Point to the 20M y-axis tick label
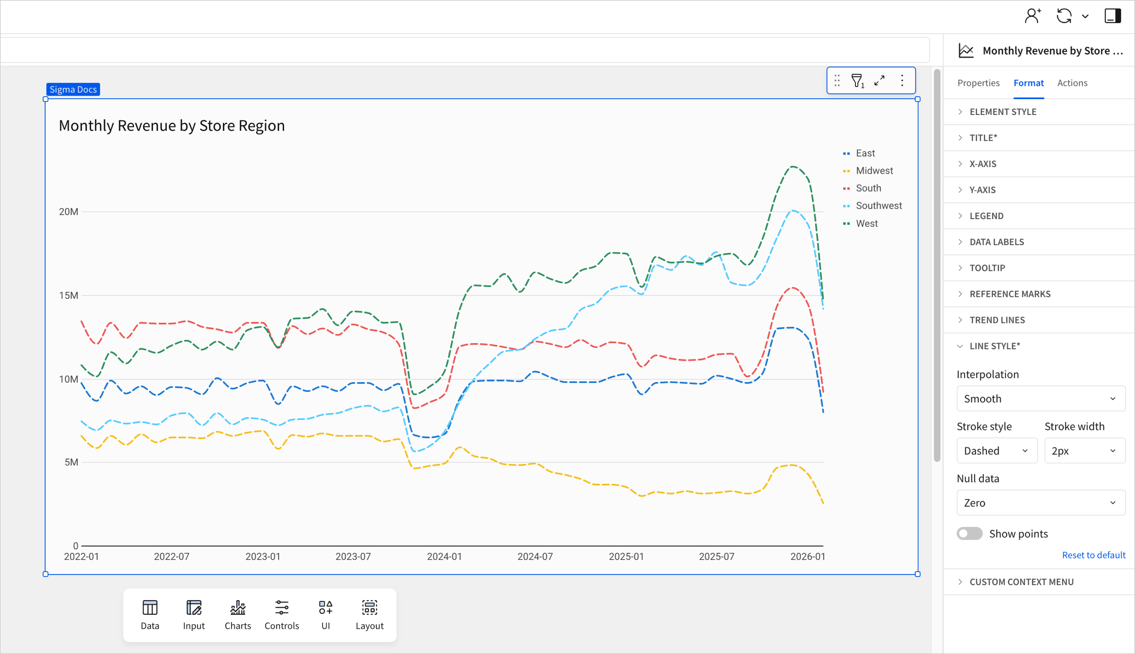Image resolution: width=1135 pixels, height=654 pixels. point(69,212)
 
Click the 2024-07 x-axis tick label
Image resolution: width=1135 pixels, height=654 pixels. point(535,557)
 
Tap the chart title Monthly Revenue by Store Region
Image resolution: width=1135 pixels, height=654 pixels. point(172,126)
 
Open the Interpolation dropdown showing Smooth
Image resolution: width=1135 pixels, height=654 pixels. point(1040,399)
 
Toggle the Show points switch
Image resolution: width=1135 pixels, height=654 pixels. point(969,534)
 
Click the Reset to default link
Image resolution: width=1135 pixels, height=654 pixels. point(1093,555)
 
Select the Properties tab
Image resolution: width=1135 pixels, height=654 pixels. point(978,83)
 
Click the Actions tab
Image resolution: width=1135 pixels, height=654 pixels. point(1072,83)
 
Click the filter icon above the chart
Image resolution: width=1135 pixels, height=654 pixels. point(857,81)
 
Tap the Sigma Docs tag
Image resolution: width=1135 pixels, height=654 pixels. point(73,90)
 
